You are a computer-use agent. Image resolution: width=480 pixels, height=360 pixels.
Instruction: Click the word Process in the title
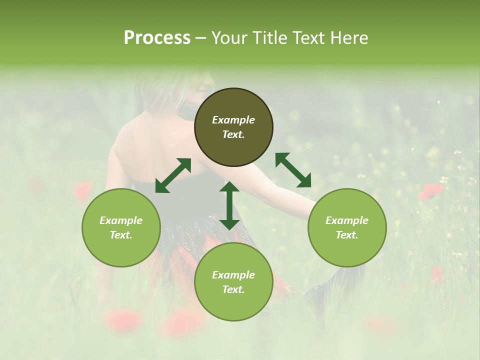(157, 38)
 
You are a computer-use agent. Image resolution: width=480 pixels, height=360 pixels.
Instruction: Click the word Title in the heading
(267, 38)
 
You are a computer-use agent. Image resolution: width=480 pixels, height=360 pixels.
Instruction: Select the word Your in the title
(229, 38)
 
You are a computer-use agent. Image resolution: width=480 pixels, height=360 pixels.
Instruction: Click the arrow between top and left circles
(173, 175)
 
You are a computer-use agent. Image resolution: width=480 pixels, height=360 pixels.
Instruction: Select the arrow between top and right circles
(293, 170)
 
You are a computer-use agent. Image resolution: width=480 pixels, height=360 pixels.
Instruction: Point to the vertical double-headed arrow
(229, 205)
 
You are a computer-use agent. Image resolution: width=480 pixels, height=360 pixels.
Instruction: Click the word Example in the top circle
(233, 120)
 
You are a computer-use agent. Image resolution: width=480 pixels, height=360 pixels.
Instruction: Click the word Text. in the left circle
(121, 235)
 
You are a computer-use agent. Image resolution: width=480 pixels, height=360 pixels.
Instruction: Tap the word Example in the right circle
(347, 220)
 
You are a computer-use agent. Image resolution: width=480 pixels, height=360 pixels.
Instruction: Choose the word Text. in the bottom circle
(233, 289)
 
